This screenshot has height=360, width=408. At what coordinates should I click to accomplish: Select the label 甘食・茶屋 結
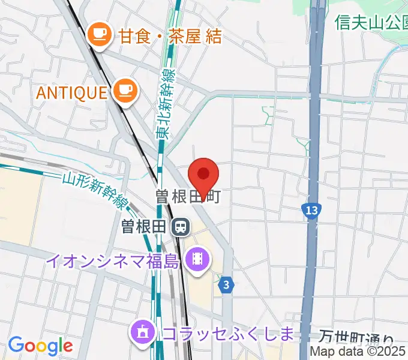[170, 36]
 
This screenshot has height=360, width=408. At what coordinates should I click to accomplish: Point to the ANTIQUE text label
[71, 92]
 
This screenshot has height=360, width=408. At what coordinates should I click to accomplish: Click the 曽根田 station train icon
[179, 227]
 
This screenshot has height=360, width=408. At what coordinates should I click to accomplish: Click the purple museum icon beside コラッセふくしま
[143, 332]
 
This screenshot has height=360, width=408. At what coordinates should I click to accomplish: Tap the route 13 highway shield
[310, 211]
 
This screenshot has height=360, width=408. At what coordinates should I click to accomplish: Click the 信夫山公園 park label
[371, 22]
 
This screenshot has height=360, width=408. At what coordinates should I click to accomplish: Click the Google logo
[40, 346]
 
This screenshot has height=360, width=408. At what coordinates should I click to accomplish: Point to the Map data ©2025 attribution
[358, 352]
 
